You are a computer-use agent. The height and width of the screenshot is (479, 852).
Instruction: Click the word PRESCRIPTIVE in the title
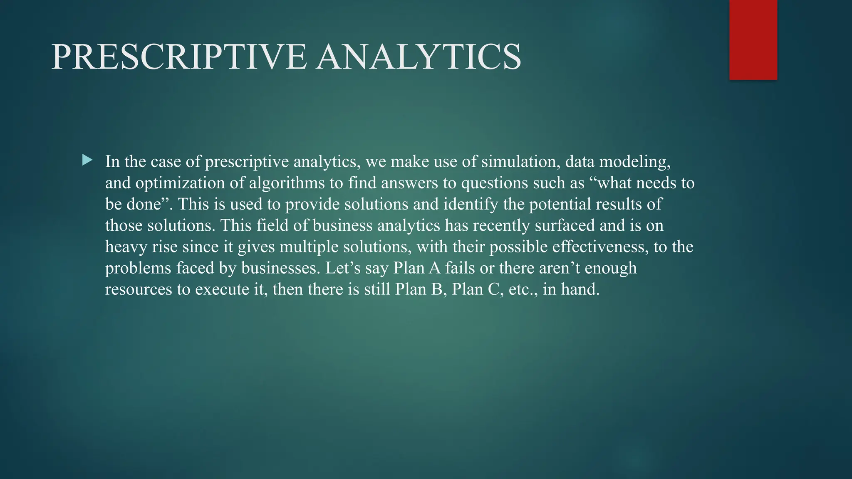tap(179, 57)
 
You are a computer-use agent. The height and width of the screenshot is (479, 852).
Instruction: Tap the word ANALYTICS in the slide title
tap(418, 57)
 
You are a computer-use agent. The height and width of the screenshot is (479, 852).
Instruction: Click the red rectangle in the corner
tap(753, 40)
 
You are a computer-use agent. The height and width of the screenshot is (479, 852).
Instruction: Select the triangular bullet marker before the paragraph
tap(87, 160)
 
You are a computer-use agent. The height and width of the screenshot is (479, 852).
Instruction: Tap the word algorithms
tap(287, 183)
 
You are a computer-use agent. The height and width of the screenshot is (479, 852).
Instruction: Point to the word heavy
tap(126, 247)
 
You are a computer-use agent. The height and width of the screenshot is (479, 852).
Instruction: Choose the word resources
tap(139, 289)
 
